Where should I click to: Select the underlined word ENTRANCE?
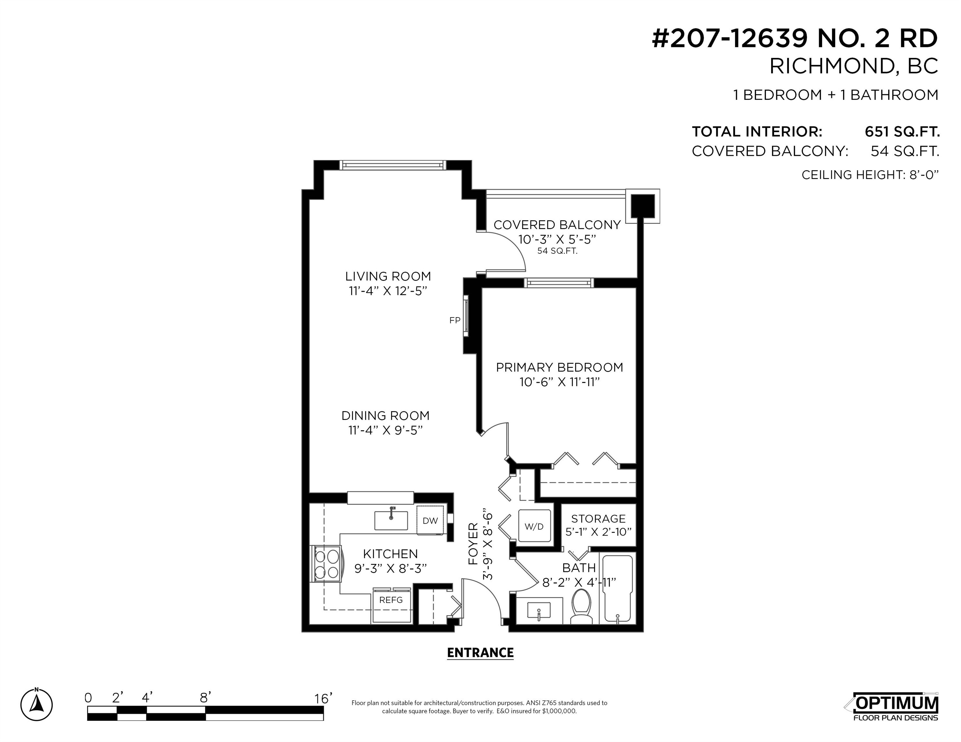click(x=480, y=653)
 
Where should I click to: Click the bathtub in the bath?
click(x=617, y=589)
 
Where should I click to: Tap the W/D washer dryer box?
click(x=534, y=526)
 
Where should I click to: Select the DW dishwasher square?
click(x=430, y=520)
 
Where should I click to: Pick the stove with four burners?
click(x=326, y=564)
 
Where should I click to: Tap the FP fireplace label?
click(x=455, y=320)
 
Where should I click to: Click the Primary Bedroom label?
click(x=559, y=367)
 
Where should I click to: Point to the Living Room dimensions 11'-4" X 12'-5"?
click(x=388, y=291)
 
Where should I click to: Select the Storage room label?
click(x=598, y=519)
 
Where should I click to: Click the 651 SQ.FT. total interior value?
click(x=902, y=132)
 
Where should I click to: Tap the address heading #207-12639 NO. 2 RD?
click(x=795, y=39)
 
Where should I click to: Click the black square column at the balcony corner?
click(x=643, y=206)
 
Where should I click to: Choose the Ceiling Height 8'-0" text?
click(x=870, y=175)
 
